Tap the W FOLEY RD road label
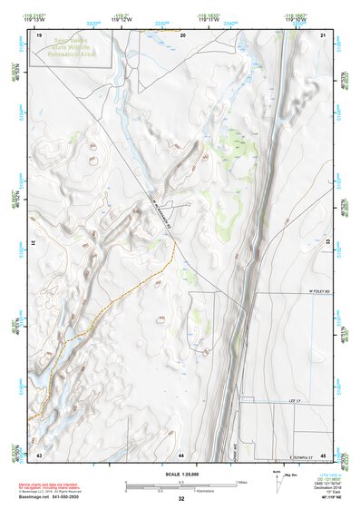pos(315,292)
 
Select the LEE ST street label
pos(293,398)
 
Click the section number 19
pos(39,34)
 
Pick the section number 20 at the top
pos(183,34)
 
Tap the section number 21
pos(323,34)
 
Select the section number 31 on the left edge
pos(34,243)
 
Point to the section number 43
pos(39,454)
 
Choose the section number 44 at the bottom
pos(181,454)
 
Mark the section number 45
pos(323,454)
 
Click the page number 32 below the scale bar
pos(181,499)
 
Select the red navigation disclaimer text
pos(50,487)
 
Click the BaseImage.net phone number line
pos(50,499)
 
